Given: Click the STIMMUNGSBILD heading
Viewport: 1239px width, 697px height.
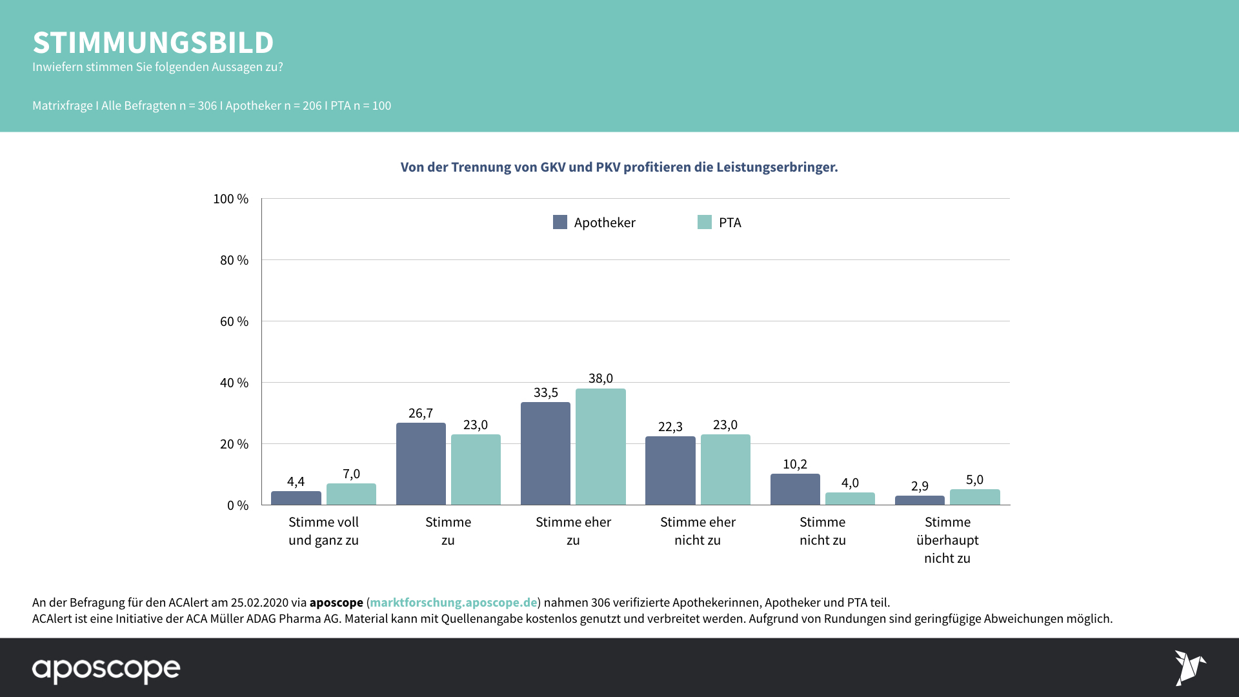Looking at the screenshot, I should [x=153, y=43].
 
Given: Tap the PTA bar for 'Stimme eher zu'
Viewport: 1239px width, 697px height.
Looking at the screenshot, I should [x=600, y=447].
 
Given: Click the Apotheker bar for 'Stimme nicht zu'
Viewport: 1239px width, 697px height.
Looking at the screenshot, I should [x=795, y=489].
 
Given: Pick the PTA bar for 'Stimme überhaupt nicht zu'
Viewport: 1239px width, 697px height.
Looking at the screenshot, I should [x=974, y=497].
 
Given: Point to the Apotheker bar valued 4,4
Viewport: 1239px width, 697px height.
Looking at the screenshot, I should [x=296, y=498].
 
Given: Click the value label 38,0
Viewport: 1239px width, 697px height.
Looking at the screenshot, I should [x=600, y=378].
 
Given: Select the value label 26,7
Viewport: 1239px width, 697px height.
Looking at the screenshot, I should [x=421, y=413].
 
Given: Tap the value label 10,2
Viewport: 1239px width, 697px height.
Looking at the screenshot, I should [x=795, y=464].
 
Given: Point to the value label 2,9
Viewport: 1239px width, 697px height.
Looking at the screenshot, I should [x=920, y=486].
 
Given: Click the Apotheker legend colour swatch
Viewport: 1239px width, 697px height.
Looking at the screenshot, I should [x=560, y=222].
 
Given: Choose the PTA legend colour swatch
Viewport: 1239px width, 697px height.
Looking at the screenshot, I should [x=705, y=222].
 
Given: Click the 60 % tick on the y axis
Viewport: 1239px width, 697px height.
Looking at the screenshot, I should [x=234, y=321].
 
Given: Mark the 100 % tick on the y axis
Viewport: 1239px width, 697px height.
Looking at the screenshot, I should [x=231, y=199].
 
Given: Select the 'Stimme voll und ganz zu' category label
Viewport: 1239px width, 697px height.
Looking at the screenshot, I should [x=323, y=530].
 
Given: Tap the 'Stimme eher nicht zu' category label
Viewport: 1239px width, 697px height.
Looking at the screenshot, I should [x=698, y=530].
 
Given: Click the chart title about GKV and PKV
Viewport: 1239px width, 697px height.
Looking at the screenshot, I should [x=619, y=167].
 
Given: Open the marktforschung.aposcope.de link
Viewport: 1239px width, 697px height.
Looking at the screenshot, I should [x=453, y=602].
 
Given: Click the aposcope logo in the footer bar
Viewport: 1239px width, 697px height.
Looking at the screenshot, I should [x=106, y=669].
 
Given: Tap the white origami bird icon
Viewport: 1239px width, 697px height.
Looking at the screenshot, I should [x=1189, y=667].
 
